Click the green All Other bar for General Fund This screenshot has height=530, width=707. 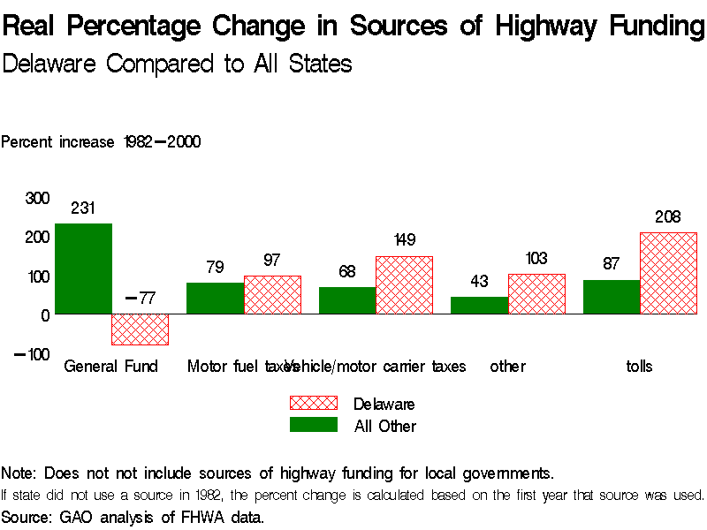[x=83, y=269]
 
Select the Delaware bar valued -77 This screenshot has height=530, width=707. [x=140, y=329]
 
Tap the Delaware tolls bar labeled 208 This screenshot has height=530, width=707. [x=668, y=273]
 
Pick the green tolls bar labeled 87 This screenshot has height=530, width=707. [x=612, y=297]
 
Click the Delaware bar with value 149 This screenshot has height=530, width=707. [x=404, y=284]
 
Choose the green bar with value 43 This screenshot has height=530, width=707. [x=479, y=305]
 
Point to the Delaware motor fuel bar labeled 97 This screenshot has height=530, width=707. [x=272, y=294]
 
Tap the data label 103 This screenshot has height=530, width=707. [x=536, y=259]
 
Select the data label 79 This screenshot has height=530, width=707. [x=215, y=268]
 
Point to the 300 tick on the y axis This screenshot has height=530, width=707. [x=36, y=199]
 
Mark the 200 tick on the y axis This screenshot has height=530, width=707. [x=36, y=237]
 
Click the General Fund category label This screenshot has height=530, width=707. [x=110, y=366]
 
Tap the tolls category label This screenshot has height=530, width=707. [x=639, y=366]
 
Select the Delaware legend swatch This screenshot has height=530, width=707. [x=314, y=404]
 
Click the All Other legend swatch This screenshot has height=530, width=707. [x=314, y=425]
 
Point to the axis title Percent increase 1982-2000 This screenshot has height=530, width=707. [x=101, y=141]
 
